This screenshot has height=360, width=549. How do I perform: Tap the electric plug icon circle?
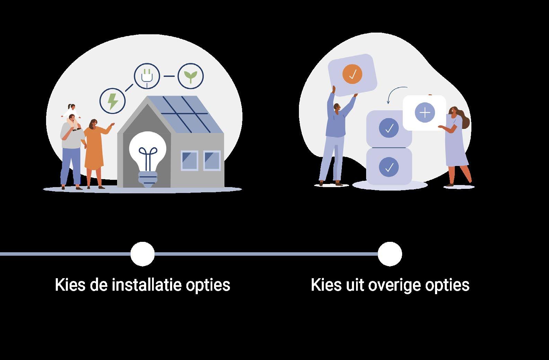tap(147, 76)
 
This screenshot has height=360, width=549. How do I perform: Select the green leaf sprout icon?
tap(191, 76)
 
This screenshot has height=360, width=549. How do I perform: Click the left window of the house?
tap(189, 161)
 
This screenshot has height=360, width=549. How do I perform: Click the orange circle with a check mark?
tap(352, 74)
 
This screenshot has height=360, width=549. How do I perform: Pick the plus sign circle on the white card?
tap(425, 113)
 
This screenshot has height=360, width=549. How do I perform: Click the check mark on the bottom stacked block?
tap(389, 167)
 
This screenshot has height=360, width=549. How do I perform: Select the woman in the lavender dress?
tap(457, 146)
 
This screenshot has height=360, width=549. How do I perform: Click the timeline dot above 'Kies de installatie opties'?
tap(142, 254)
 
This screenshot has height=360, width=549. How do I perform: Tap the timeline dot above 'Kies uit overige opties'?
tap(390, 254)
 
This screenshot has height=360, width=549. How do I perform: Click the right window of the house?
tap(212, 161)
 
